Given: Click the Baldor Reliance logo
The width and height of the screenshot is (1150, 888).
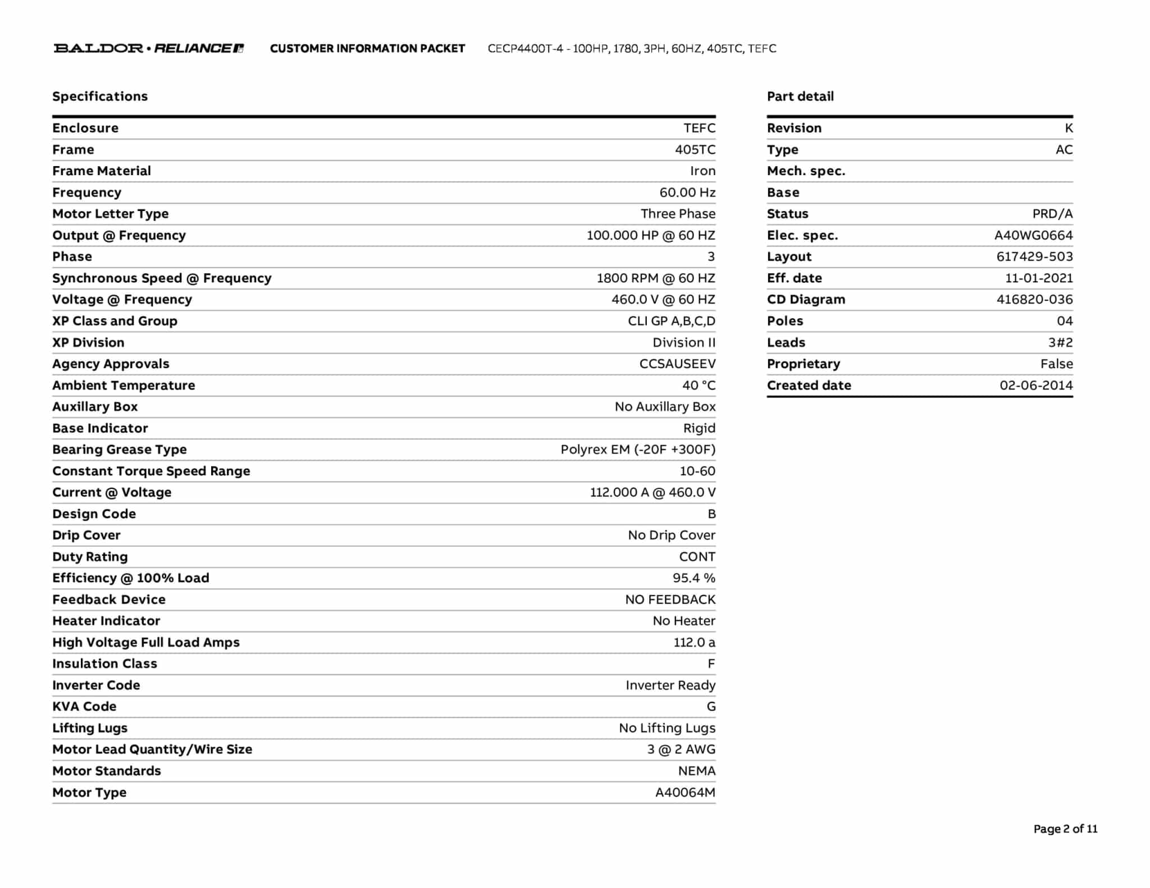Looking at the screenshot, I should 149,48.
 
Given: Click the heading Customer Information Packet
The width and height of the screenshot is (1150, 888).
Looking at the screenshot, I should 367,48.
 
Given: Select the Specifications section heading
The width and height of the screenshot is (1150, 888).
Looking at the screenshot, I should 100,96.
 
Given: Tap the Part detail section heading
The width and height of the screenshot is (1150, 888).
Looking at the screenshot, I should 800,96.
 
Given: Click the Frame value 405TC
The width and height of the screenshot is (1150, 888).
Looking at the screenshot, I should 695,149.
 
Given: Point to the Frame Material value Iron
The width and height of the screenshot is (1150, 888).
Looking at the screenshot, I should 702,171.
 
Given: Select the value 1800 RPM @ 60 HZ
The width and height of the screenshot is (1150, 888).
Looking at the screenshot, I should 655,278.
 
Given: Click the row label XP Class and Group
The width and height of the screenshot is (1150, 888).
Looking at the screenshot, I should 115,321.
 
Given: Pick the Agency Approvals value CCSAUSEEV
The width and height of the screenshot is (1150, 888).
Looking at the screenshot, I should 677,364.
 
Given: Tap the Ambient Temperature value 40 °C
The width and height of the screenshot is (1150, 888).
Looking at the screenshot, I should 699,385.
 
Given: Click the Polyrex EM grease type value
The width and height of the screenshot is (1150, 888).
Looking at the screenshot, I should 638,449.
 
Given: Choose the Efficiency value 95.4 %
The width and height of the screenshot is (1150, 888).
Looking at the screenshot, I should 693,578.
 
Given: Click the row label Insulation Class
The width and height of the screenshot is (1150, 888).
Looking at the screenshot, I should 104,663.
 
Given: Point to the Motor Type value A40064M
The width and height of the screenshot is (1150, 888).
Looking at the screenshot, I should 685,792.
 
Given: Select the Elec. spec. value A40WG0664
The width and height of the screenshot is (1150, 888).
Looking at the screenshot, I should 1033,235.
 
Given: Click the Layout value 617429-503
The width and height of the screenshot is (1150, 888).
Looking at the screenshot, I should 1034,257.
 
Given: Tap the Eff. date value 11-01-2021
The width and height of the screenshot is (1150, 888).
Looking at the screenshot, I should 1038,278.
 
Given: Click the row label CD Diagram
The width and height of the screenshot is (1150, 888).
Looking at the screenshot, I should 806,299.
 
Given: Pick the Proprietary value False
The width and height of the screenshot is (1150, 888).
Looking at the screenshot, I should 1056,364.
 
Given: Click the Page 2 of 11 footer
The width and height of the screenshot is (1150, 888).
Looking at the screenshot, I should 1065,829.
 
